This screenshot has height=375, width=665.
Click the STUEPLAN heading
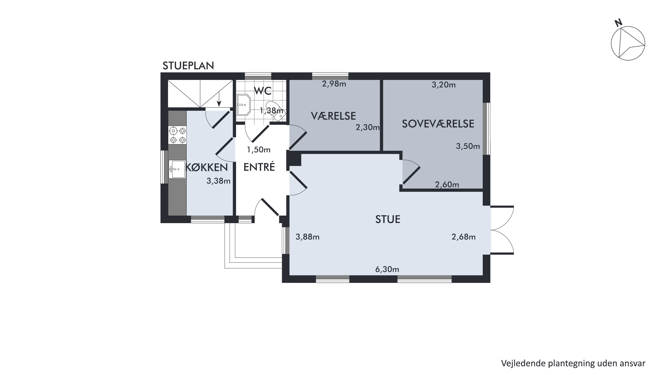point(188,66)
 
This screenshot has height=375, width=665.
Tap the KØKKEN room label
point(206,168)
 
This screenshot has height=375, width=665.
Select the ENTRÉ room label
point(259,167)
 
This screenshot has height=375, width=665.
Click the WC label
point(263,91)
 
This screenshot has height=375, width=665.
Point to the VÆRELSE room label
point(333,116)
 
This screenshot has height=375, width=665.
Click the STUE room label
point(388,219)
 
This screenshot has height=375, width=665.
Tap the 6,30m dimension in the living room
point(387,270)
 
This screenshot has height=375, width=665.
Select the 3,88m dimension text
point(308,237)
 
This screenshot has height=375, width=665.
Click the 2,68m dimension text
point(464,237)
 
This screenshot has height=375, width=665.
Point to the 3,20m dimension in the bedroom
point(444,85)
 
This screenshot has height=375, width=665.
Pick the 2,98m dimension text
point(334,84)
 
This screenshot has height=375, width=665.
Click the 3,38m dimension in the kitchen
point(218,181)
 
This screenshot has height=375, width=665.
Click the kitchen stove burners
point(177,135)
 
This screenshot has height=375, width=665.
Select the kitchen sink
point(177,169)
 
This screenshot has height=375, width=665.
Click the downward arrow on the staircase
point(219,99)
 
